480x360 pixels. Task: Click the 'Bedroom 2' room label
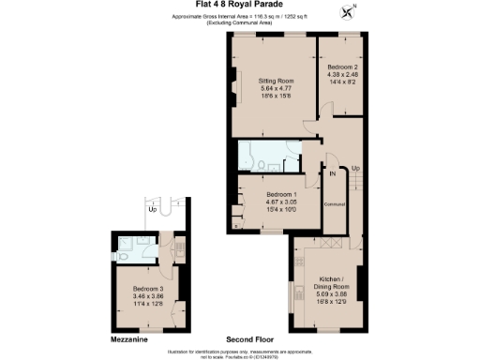pos(342,68)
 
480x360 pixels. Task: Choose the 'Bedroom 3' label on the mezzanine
pos(147,288)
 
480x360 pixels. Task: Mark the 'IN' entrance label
pos(333,172)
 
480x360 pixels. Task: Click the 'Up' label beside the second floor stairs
pos(354,168)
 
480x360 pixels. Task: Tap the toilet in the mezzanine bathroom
pos(125,254)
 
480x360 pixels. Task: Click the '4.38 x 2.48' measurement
pos(342,76)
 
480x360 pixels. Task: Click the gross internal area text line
pos(240,17)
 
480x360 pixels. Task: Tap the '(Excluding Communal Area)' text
pos(240,24)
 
